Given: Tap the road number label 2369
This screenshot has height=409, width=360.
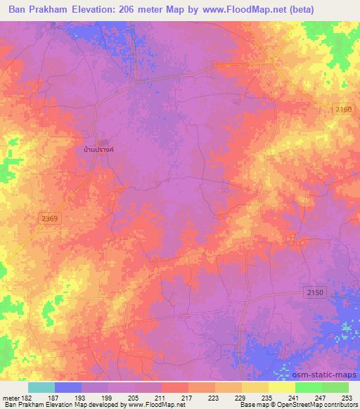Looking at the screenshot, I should tap(49, 219).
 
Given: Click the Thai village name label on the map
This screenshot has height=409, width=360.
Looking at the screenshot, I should tap(98, 150).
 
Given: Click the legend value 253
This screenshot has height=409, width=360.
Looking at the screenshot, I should tap(348, 397).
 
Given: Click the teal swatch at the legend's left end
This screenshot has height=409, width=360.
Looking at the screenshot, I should tap(41, 387).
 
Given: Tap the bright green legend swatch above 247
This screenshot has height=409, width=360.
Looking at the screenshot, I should tap(309, 387).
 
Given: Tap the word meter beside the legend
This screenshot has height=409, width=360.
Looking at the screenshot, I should tap(10, 397).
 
